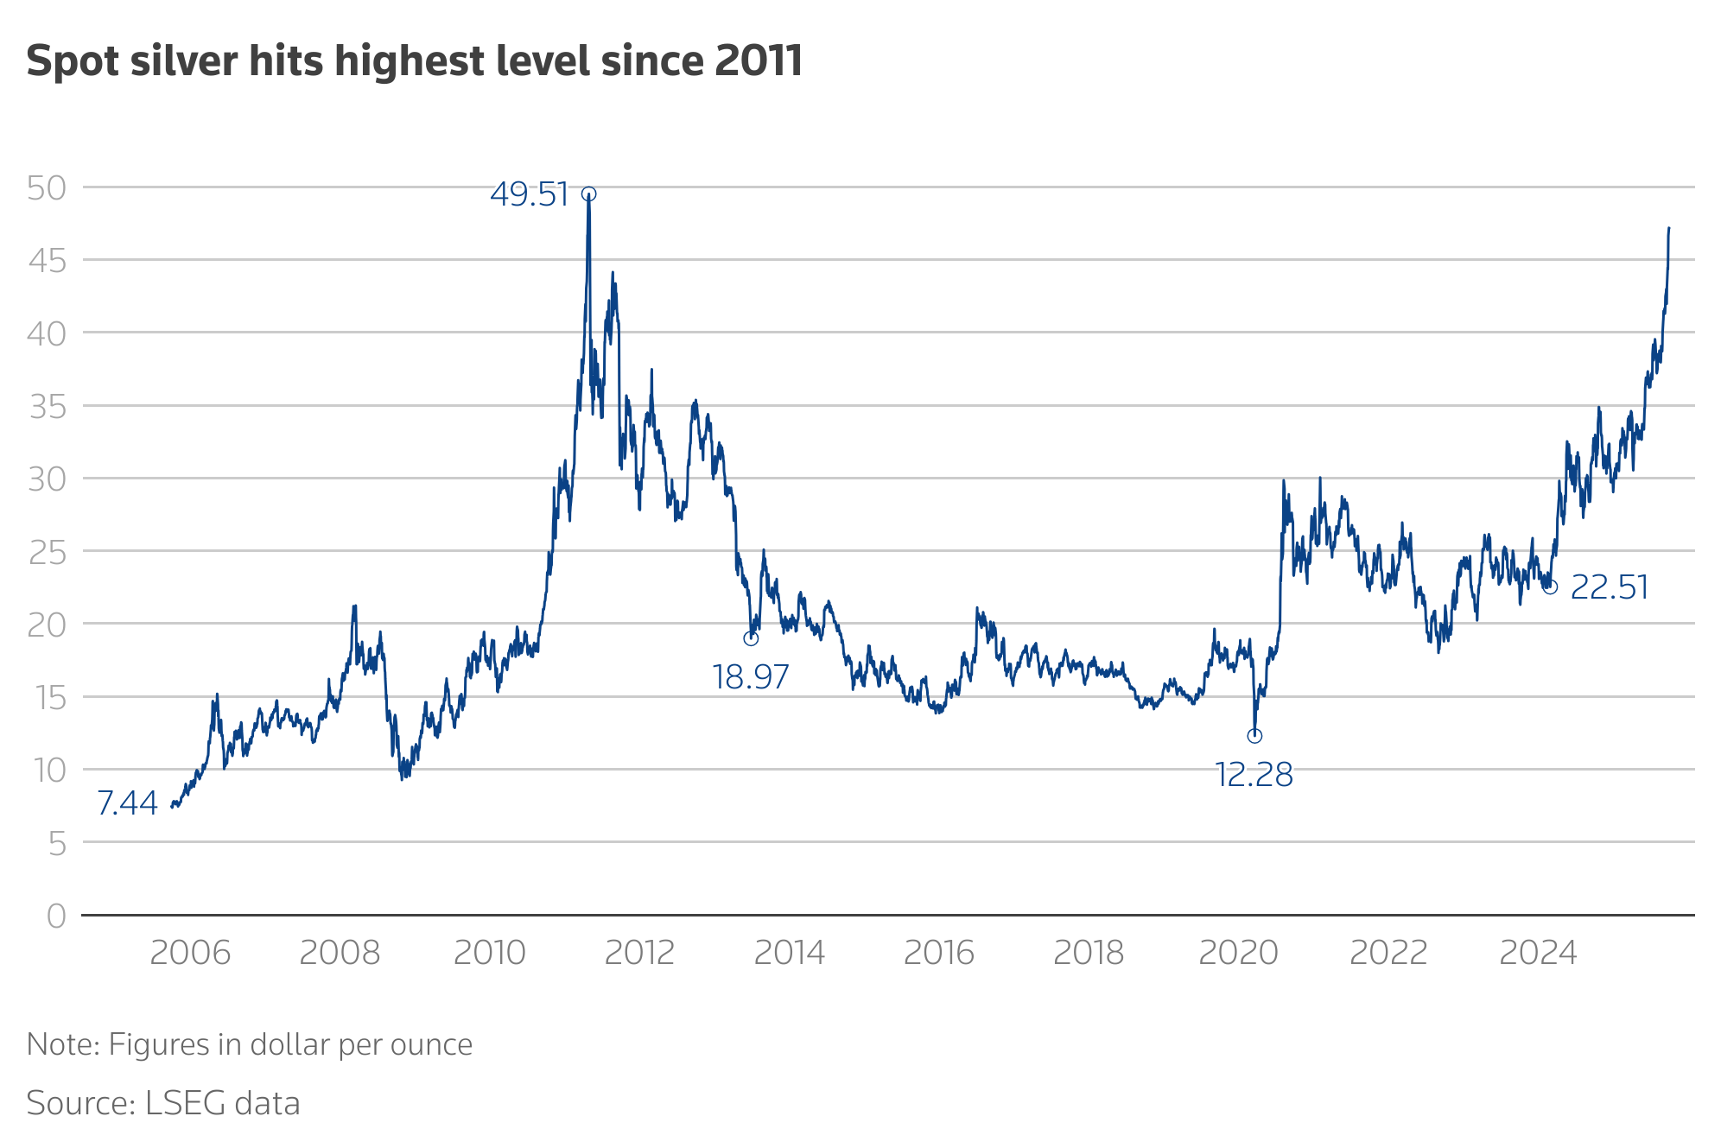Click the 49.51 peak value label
coord(529,194)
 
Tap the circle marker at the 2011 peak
coord(588,194)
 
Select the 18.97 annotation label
coord(750,676)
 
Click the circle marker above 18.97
coord(751,638)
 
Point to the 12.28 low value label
coord(1253,775)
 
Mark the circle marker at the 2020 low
coord(1254,735)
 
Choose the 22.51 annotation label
coord(1609,588)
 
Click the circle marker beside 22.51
coord(1550,587)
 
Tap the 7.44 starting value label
coord(127,803)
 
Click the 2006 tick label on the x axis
coord(190,953)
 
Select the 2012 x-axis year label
coord(639,953)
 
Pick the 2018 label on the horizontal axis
coord(1089,953)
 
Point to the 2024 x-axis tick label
coord(1538,953)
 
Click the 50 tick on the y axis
coord(47,188)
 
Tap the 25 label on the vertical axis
coord(47,552)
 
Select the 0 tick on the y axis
coord(56,916)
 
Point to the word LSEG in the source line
coord(174,1103)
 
